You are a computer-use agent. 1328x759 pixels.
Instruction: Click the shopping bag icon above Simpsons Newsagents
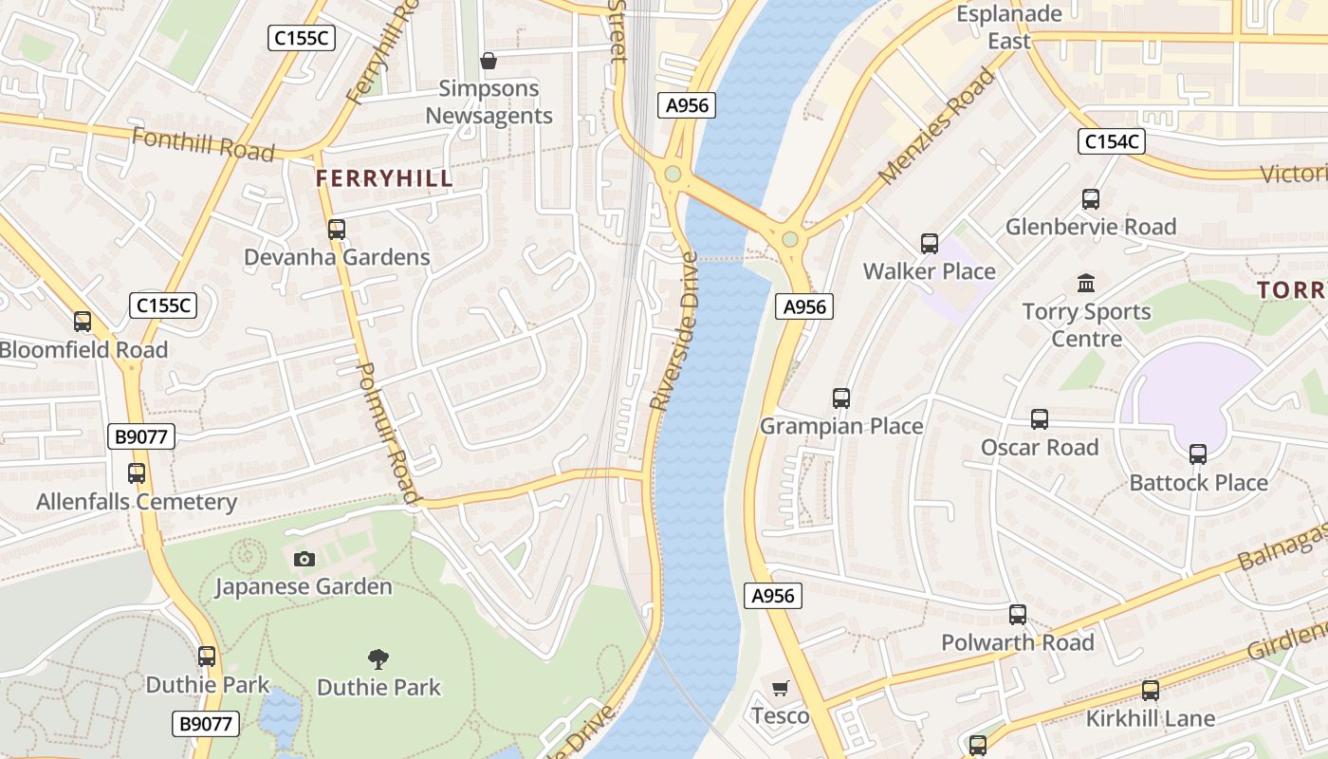pyautogui.click(x=489, y=62)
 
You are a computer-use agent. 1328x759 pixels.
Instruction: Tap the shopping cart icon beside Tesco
pyautogui.click(x=781, y=688)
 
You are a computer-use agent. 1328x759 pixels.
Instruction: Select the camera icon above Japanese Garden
pyautogui.click(x=304, y=559)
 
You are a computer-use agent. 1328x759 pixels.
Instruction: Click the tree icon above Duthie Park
pyautogui.click(x=378, y=658)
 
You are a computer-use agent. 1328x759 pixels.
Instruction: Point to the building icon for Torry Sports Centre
pyautogui.click(x=1086, y=283)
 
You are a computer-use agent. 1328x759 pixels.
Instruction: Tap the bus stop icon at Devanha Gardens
pyautogui.click(x=337, y=229)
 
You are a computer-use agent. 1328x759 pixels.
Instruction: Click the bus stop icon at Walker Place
pyautogui.click(x=930, y=244)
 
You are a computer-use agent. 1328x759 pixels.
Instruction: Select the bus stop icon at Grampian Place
pyautogui.click(x=841, y=398)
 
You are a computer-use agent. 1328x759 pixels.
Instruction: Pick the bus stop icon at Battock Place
pyautogui.click(x=1198, y=454)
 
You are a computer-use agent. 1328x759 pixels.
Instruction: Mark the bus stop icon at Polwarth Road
pyautogui.click(x=1018, y=615)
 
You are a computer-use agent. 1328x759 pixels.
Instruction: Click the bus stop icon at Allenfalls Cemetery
pyautogui.click(x=137, y=473)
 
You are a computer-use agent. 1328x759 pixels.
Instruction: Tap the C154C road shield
pyautogui.click(x=1112, y=142)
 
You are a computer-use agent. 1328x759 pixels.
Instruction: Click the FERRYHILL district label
pyautogui.click(x=384, y=178)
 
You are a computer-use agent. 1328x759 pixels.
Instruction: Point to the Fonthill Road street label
pyautogui.click(x=203, y=144)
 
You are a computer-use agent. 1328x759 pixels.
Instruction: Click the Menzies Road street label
pyautogui.click(x=936, y=125)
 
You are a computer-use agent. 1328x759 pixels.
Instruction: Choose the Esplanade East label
pyautogui.click(x=1009, y=28)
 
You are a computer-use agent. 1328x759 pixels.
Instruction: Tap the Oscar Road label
pyautogui.click(x=1040, y=447)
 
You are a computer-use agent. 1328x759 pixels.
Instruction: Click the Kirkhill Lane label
pyautogui.click(x=1151, y=718)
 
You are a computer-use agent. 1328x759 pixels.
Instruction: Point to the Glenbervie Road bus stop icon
pyautogui.click(x=1091, y=199)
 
